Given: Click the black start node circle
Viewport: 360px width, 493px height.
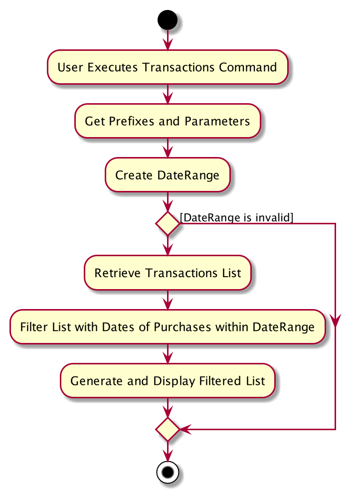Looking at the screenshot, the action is (168, 20).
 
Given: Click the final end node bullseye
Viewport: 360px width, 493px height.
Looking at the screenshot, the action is (168, 472).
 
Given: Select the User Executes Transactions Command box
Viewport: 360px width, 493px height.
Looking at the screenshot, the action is (168, 67).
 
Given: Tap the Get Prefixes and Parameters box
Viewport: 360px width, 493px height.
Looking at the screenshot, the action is (168, 121).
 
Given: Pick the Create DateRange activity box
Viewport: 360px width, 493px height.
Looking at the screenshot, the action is (168, 175).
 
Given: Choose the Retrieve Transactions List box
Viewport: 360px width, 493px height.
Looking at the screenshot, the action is (168, 273).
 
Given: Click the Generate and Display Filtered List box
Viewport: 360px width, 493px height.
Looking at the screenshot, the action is (168, 380).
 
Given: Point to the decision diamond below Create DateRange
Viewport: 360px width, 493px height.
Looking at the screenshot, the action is (168, 223).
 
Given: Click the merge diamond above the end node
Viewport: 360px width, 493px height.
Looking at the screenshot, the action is (168, 429).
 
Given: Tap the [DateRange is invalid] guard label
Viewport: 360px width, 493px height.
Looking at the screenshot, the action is (236, 217).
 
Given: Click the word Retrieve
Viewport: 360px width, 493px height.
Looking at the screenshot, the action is (118, 273).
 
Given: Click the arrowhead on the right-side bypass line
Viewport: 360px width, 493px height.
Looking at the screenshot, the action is (336, 320).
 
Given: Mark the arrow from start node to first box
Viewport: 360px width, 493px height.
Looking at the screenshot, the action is (168, 40).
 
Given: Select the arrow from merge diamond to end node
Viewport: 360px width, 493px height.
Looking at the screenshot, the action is (168, 451).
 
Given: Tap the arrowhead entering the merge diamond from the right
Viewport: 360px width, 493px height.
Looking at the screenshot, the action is (185, 429).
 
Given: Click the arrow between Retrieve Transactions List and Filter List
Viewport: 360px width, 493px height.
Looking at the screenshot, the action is (168, 300).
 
